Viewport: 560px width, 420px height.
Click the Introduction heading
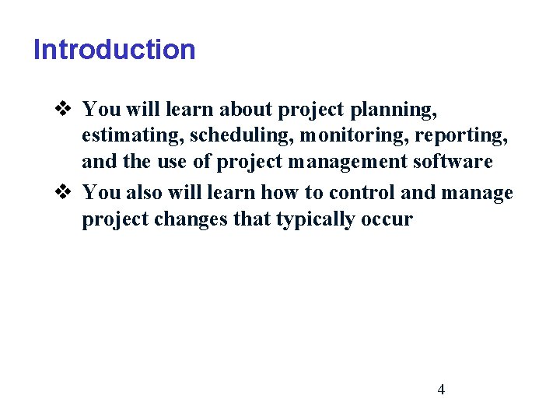pyautogui.click(x=114, y=50)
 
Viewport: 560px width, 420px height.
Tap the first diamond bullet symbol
pyautogui.click(x=65, y=108)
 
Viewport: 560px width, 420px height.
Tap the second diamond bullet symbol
pyautogui.click(x=65, y=191)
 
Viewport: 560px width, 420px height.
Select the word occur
pyautogui.click(x=387, y=219)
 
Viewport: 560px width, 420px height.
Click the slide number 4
pyautogui.click(x=441, y=390)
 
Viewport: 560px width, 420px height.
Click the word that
pyautogui.click(x=252, y=219)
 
